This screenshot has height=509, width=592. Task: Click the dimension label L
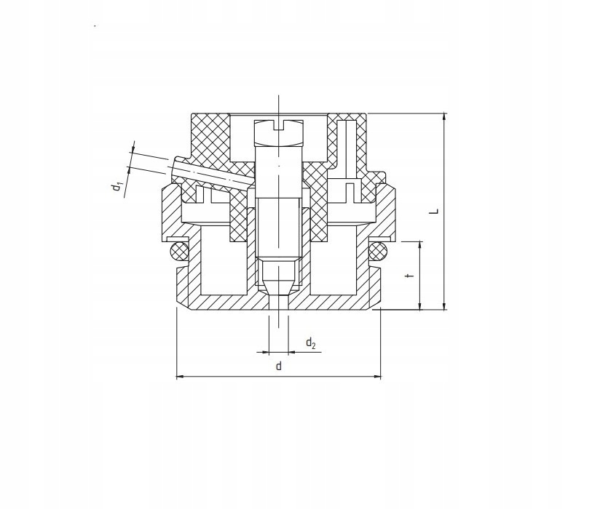pyautogui.click(x=435, y=211)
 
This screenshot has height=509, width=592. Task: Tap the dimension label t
pyautogui.click(x=411, y=276)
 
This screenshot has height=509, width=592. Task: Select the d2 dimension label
pyautogui.click(x=310, y=343)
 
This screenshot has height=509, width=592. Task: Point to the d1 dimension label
pyautogui.click(x=119, y=186)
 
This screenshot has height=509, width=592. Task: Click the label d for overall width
pyautogui.click(x=279, y=366)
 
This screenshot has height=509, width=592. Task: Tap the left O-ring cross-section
pyautogui.click(x=179, y=251)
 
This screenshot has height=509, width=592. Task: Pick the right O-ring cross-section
pyautogui.click(x=378, y=251)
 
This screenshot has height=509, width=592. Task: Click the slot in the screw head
pyautogui.click(x=279, y=126)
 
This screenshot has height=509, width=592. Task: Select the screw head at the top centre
pyautogui.click(x=279, y=133)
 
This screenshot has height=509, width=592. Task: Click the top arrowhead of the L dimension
pyautogui.click(x=445, y=116)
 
